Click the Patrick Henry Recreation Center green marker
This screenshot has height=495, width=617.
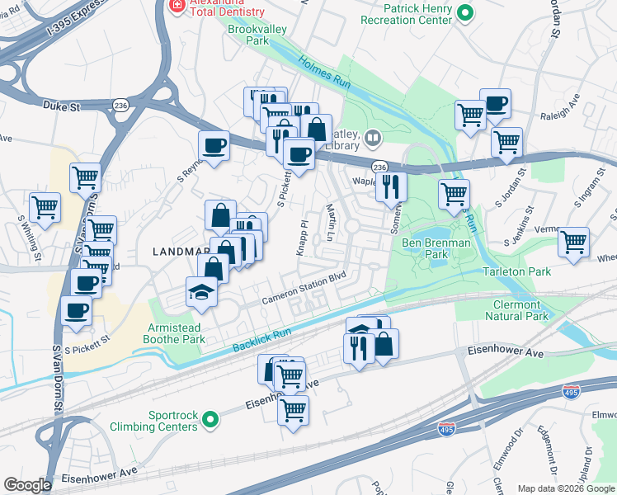(465, 12)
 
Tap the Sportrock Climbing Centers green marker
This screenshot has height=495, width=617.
(211, 419)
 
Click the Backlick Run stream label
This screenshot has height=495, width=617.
(261, 338)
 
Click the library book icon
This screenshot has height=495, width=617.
(374, 138)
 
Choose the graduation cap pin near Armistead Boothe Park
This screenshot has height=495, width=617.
(201, 294)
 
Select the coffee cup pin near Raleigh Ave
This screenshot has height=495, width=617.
(495, 104)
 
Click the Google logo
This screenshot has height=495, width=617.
(27, 485)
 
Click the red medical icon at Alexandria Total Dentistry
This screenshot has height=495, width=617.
(175, 5)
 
